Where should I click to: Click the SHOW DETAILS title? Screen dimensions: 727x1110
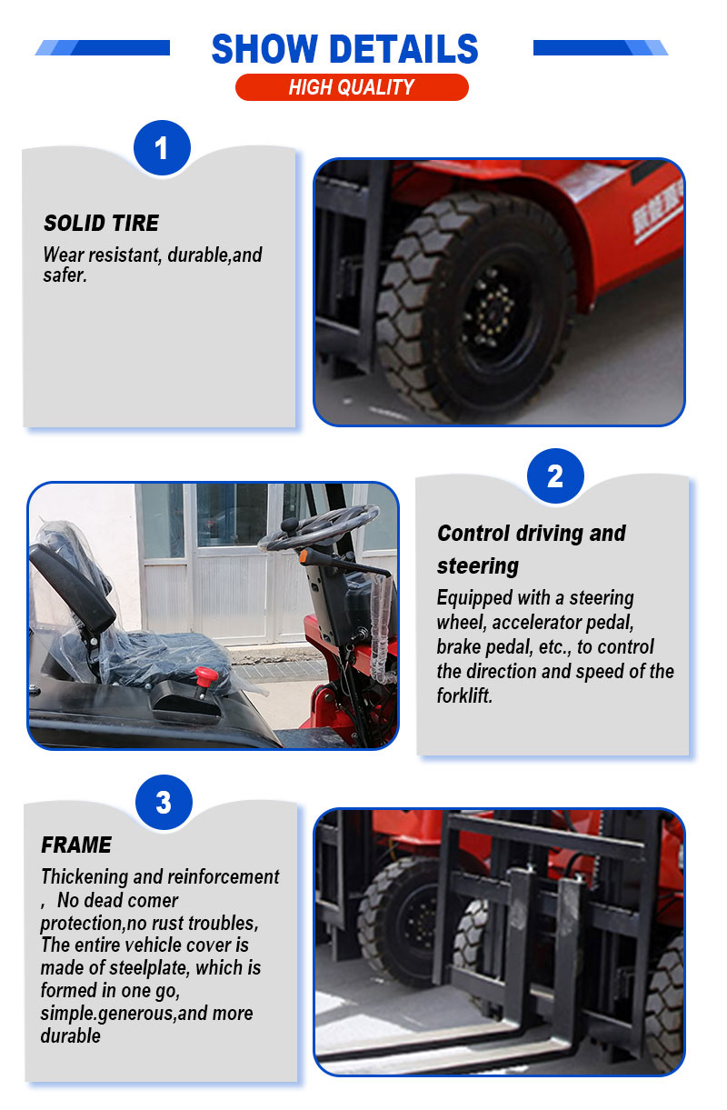point(344,48)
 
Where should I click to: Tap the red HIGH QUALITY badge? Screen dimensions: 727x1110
point(352,87)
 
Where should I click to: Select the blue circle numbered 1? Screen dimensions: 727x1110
point(162,147)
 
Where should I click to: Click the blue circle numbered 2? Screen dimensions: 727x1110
point(555,476)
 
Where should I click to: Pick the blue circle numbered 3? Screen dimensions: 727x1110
point(164,802)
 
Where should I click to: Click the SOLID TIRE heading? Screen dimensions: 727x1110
point(101,223)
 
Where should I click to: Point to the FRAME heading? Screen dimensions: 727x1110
point(76,845)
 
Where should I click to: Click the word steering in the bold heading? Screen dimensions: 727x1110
point(478,565)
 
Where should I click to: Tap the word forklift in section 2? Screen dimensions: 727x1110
point(464,695)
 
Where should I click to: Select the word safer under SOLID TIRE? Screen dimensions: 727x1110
point(65,275)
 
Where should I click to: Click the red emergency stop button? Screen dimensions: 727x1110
point(205,677)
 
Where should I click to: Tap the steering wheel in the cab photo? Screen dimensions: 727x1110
point(319,526)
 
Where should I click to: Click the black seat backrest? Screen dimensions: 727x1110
point(74,585)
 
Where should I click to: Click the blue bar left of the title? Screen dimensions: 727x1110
point(103,47)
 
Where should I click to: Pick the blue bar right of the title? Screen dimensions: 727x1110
point(601,47)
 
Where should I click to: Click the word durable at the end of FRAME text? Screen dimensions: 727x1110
point(70,1035)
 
